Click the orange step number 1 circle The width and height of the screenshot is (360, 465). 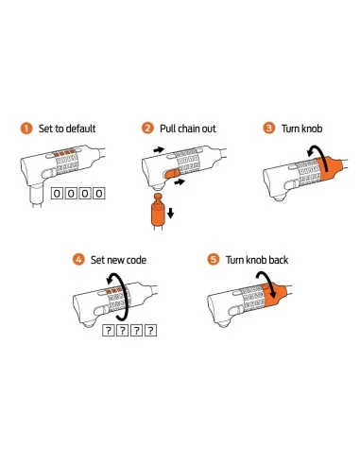(26, 129)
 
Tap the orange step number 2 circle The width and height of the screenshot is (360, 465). (147, 129)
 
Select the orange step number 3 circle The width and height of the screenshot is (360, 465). (269, 129)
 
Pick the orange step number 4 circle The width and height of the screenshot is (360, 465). (78, 260)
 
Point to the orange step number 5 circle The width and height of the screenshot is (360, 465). (214, 260)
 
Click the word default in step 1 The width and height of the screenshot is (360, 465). (81, 129)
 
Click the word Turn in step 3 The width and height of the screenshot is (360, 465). (290, 129)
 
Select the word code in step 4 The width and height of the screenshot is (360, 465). (136, 260)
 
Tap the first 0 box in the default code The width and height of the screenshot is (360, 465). (57, 194)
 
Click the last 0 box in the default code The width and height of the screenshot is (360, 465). (99, 194)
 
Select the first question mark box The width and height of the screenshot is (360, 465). (109, 331)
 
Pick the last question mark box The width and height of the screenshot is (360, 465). (151, 331)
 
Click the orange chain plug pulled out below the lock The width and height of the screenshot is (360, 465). (157, 211)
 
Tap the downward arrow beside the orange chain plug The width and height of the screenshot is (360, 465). (170, 213)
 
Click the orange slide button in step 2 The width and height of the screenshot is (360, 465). (172, 173)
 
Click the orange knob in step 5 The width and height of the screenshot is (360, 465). (274, 295)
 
